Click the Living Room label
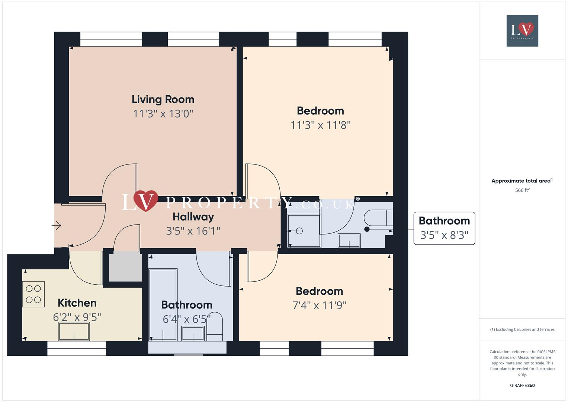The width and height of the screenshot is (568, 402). coord(163,99)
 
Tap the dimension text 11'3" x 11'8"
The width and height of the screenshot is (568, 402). coord(320,125)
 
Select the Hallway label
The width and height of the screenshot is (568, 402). coord(193,217)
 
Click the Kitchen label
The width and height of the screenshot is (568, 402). coord(77,303)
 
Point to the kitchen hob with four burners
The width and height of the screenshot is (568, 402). coord(33,294)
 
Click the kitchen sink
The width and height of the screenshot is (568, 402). coord(74,331)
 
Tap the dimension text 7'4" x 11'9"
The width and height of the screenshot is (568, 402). coord(319,306)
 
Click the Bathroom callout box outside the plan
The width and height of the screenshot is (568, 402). coord(444,228)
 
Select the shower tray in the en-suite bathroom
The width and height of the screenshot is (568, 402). coord(304,231)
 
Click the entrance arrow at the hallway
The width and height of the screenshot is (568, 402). coord(57,226)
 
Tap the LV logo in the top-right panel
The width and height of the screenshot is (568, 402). coord(522,31)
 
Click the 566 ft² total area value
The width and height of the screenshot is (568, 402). coord(522,190)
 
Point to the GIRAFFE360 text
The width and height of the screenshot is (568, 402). coord(522,385)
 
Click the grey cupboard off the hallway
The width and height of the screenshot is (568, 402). coord(125,267)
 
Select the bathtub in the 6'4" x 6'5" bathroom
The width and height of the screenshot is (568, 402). coord(163,304)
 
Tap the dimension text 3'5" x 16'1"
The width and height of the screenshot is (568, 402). coord(193,231)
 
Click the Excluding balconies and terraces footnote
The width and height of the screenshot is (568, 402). coord(522,329)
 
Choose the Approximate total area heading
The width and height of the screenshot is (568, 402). coord(522,181)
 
